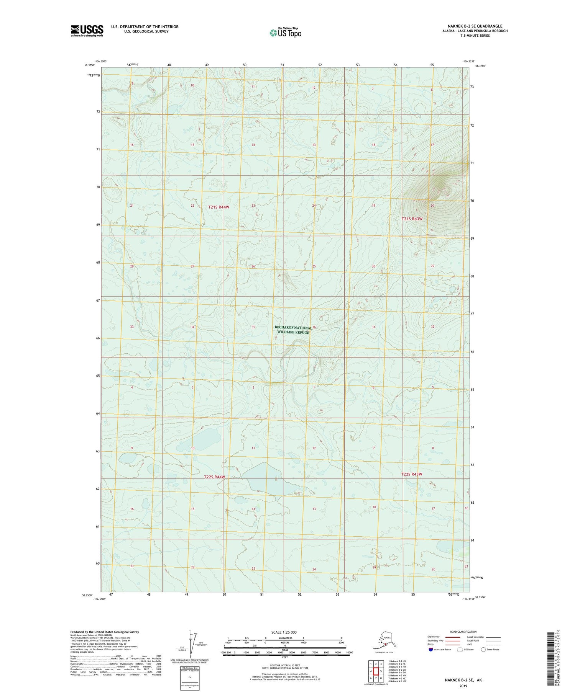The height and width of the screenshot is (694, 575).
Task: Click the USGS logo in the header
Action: [87, 31]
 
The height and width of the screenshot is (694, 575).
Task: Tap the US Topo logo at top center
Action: [285, 33]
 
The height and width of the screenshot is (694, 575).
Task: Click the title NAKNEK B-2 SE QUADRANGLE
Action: [475, 26]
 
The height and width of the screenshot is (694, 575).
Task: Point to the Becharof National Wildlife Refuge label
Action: [293, 330]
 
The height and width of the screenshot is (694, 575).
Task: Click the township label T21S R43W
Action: [412, 219]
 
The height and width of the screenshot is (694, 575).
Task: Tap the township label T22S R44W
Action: [214, 477]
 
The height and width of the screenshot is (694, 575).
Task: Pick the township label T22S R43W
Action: [411, 474]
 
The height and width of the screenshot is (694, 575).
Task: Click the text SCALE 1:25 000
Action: [284, 632]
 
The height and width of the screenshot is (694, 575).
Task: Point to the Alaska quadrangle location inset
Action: [384, 641]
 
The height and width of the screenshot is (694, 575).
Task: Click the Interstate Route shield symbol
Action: [430, 650]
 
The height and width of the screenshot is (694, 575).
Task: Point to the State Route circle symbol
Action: [483, 650]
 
